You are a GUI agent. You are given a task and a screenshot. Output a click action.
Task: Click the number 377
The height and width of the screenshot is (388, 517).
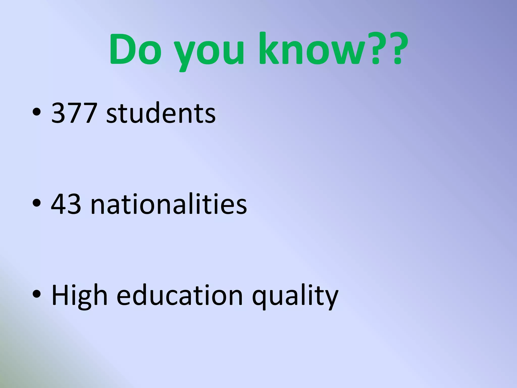coord(74,113)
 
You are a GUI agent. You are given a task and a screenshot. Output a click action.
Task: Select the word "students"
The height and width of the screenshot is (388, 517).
coord(161,113)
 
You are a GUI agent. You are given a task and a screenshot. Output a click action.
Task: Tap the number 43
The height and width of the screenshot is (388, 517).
coord(66,204)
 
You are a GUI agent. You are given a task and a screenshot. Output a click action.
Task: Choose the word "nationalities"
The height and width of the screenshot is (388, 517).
coord(169,204)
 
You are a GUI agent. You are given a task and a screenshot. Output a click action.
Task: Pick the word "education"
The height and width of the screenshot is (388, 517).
coord(180,295)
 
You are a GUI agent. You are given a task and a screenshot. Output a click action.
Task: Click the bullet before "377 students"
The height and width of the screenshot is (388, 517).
coord(37,112)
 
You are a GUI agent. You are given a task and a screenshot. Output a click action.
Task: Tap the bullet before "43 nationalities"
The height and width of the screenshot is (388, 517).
coord(37,204)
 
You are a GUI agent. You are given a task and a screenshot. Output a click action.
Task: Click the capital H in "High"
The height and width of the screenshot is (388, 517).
coord(61,295)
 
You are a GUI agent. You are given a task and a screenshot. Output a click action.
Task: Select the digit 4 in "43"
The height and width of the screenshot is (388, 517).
coord(59,204)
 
